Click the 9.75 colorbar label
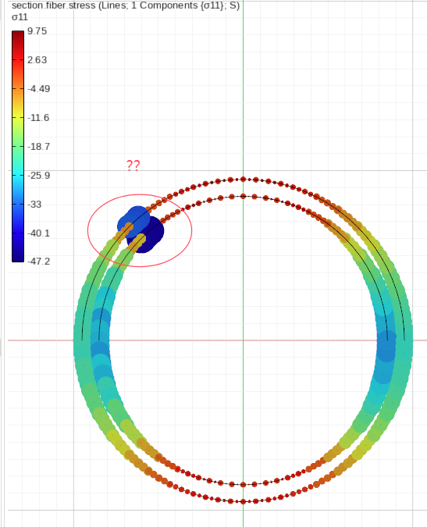pos(37,31)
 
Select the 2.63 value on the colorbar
pos(37,60)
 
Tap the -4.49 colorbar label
pos(38,89)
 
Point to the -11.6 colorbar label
pos(38,118)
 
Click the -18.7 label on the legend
pos(38,147)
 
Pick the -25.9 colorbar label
pos(38,176)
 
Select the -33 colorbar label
pos(34,205)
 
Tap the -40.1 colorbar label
pos(38,233)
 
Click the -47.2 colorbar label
pos(38,261)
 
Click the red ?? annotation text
pos(133,166)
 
